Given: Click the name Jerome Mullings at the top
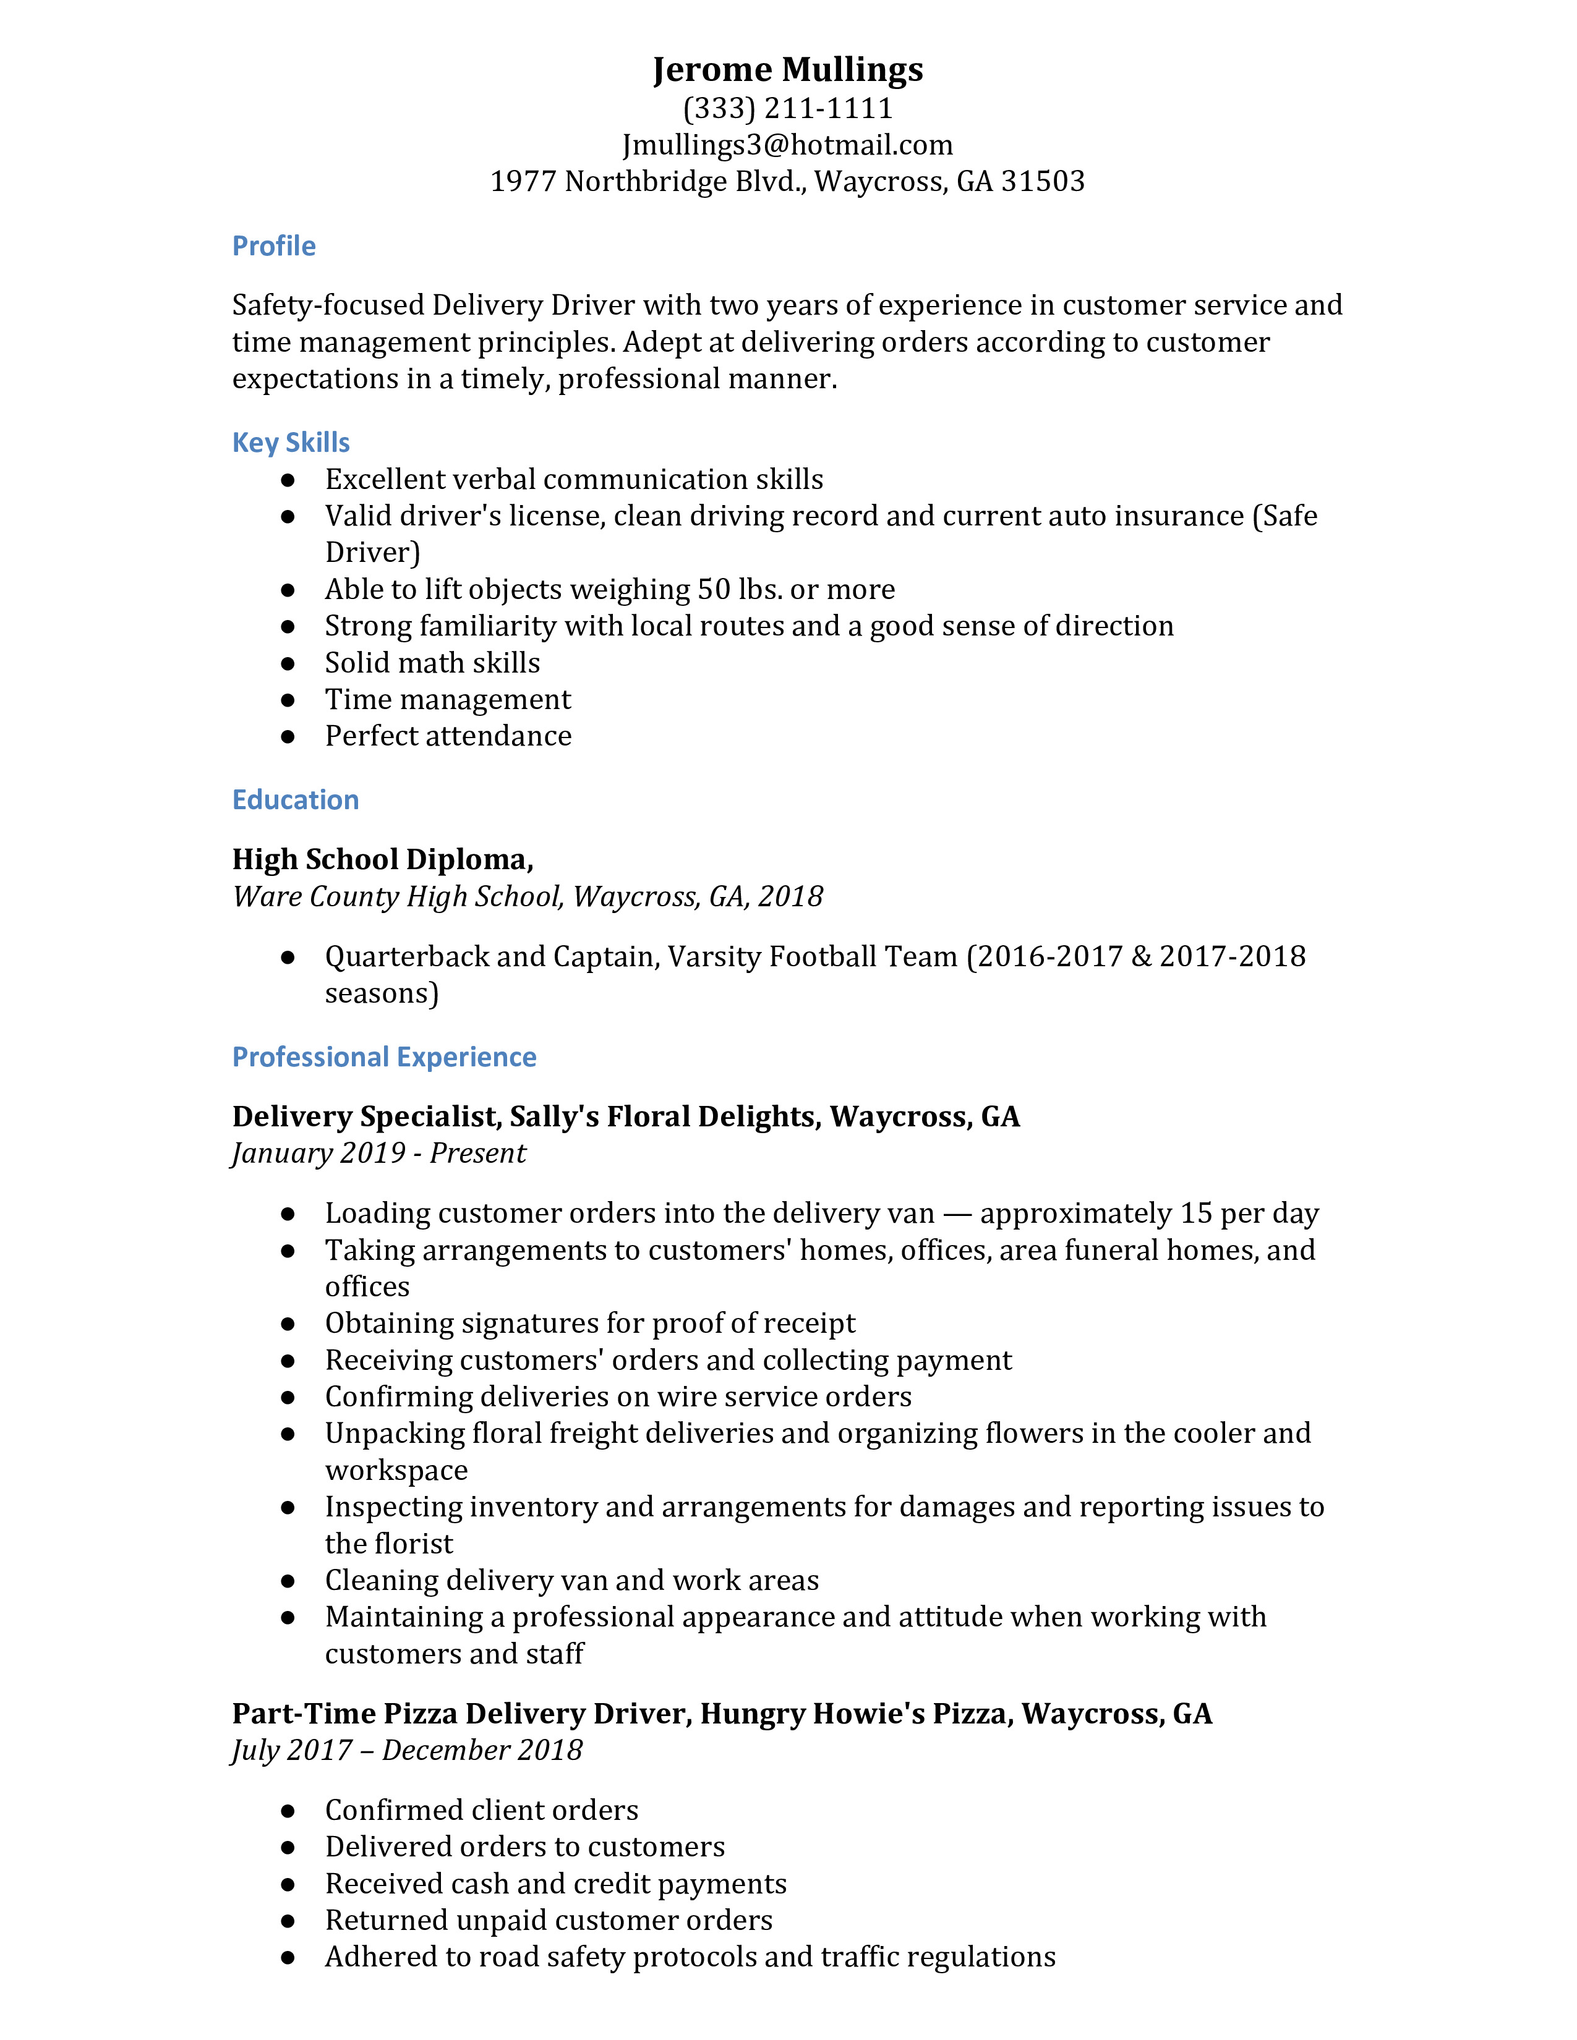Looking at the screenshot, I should pyautogui.click(x=787, y=70).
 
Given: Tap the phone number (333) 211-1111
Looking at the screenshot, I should pyautogui.click(x=787, y=108).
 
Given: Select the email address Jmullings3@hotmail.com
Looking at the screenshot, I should pyautogui.click(x=787, y=145).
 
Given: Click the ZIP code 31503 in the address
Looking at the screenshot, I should pyautogui.click(x=1043, y=181).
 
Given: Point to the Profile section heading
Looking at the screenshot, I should pyautogui.click(x=274, y=245).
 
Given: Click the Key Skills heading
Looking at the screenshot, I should pyautogui.click(x=291, y=442).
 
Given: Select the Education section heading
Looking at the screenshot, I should pyautogui.click(x=295, y=799).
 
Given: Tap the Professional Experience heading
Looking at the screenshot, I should pyautogui.click(x=384, y=1056).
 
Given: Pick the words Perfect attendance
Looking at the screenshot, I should pyautogui.click(x=448, y=736).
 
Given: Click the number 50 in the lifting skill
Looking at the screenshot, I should pyautogui.click(x=714, y=589).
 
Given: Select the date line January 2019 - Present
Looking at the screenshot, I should pyautogui.click(x=378, y=1154).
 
